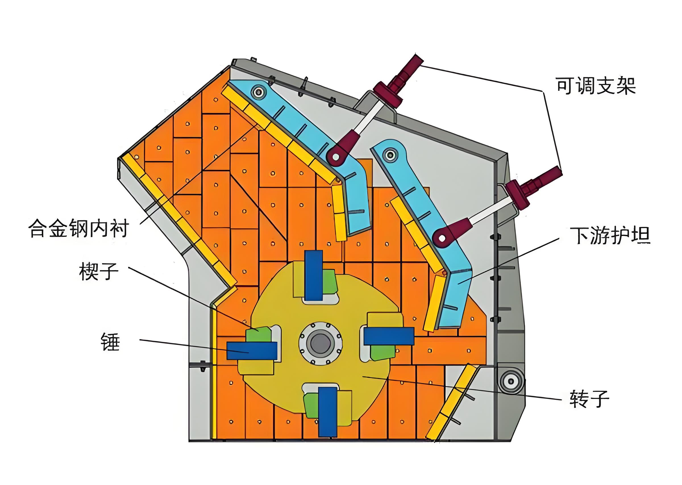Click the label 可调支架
(595, 86)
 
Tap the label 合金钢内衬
(79, 229)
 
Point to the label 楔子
(99, 271)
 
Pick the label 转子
(589, 398)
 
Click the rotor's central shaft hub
(320, 343)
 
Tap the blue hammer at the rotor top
(313, 275)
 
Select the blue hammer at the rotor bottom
(328, 411)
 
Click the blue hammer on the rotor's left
(252, 351)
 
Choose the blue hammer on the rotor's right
(389, 336)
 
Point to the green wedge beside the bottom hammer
(311, 405)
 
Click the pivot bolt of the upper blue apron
(259, 92)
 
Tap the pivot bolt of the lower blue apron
(390, 155)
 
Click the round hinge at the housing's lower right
(510, 381)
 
